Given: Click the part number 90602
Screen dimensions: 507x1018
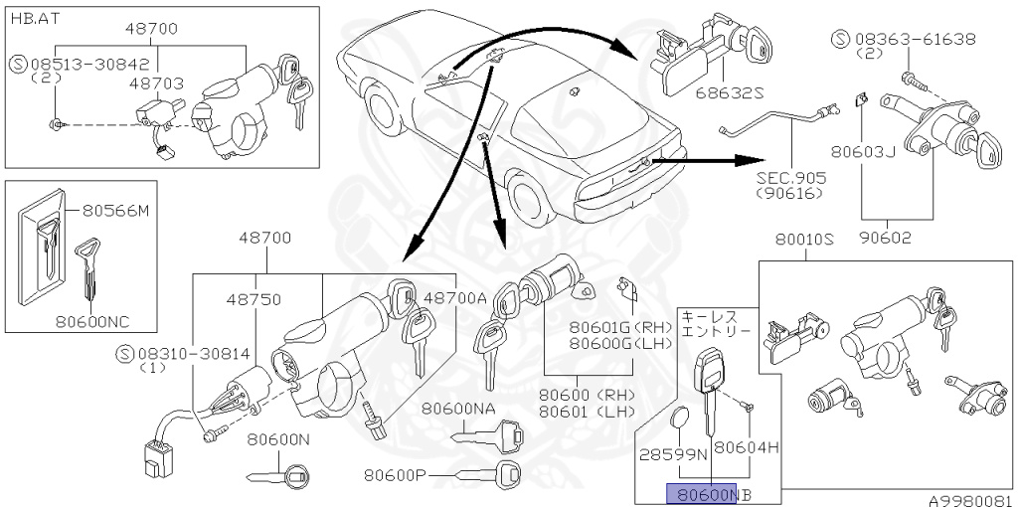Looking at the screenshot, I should click(897, 238).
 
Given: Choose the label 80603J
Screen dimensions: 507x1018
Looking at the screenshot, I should click(865, 153).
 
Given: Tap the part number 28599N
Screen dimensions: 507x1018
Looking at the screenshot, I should click(673, 452).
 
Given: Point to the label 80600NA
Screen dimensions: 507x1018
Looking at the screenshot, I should click(457, 409).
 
